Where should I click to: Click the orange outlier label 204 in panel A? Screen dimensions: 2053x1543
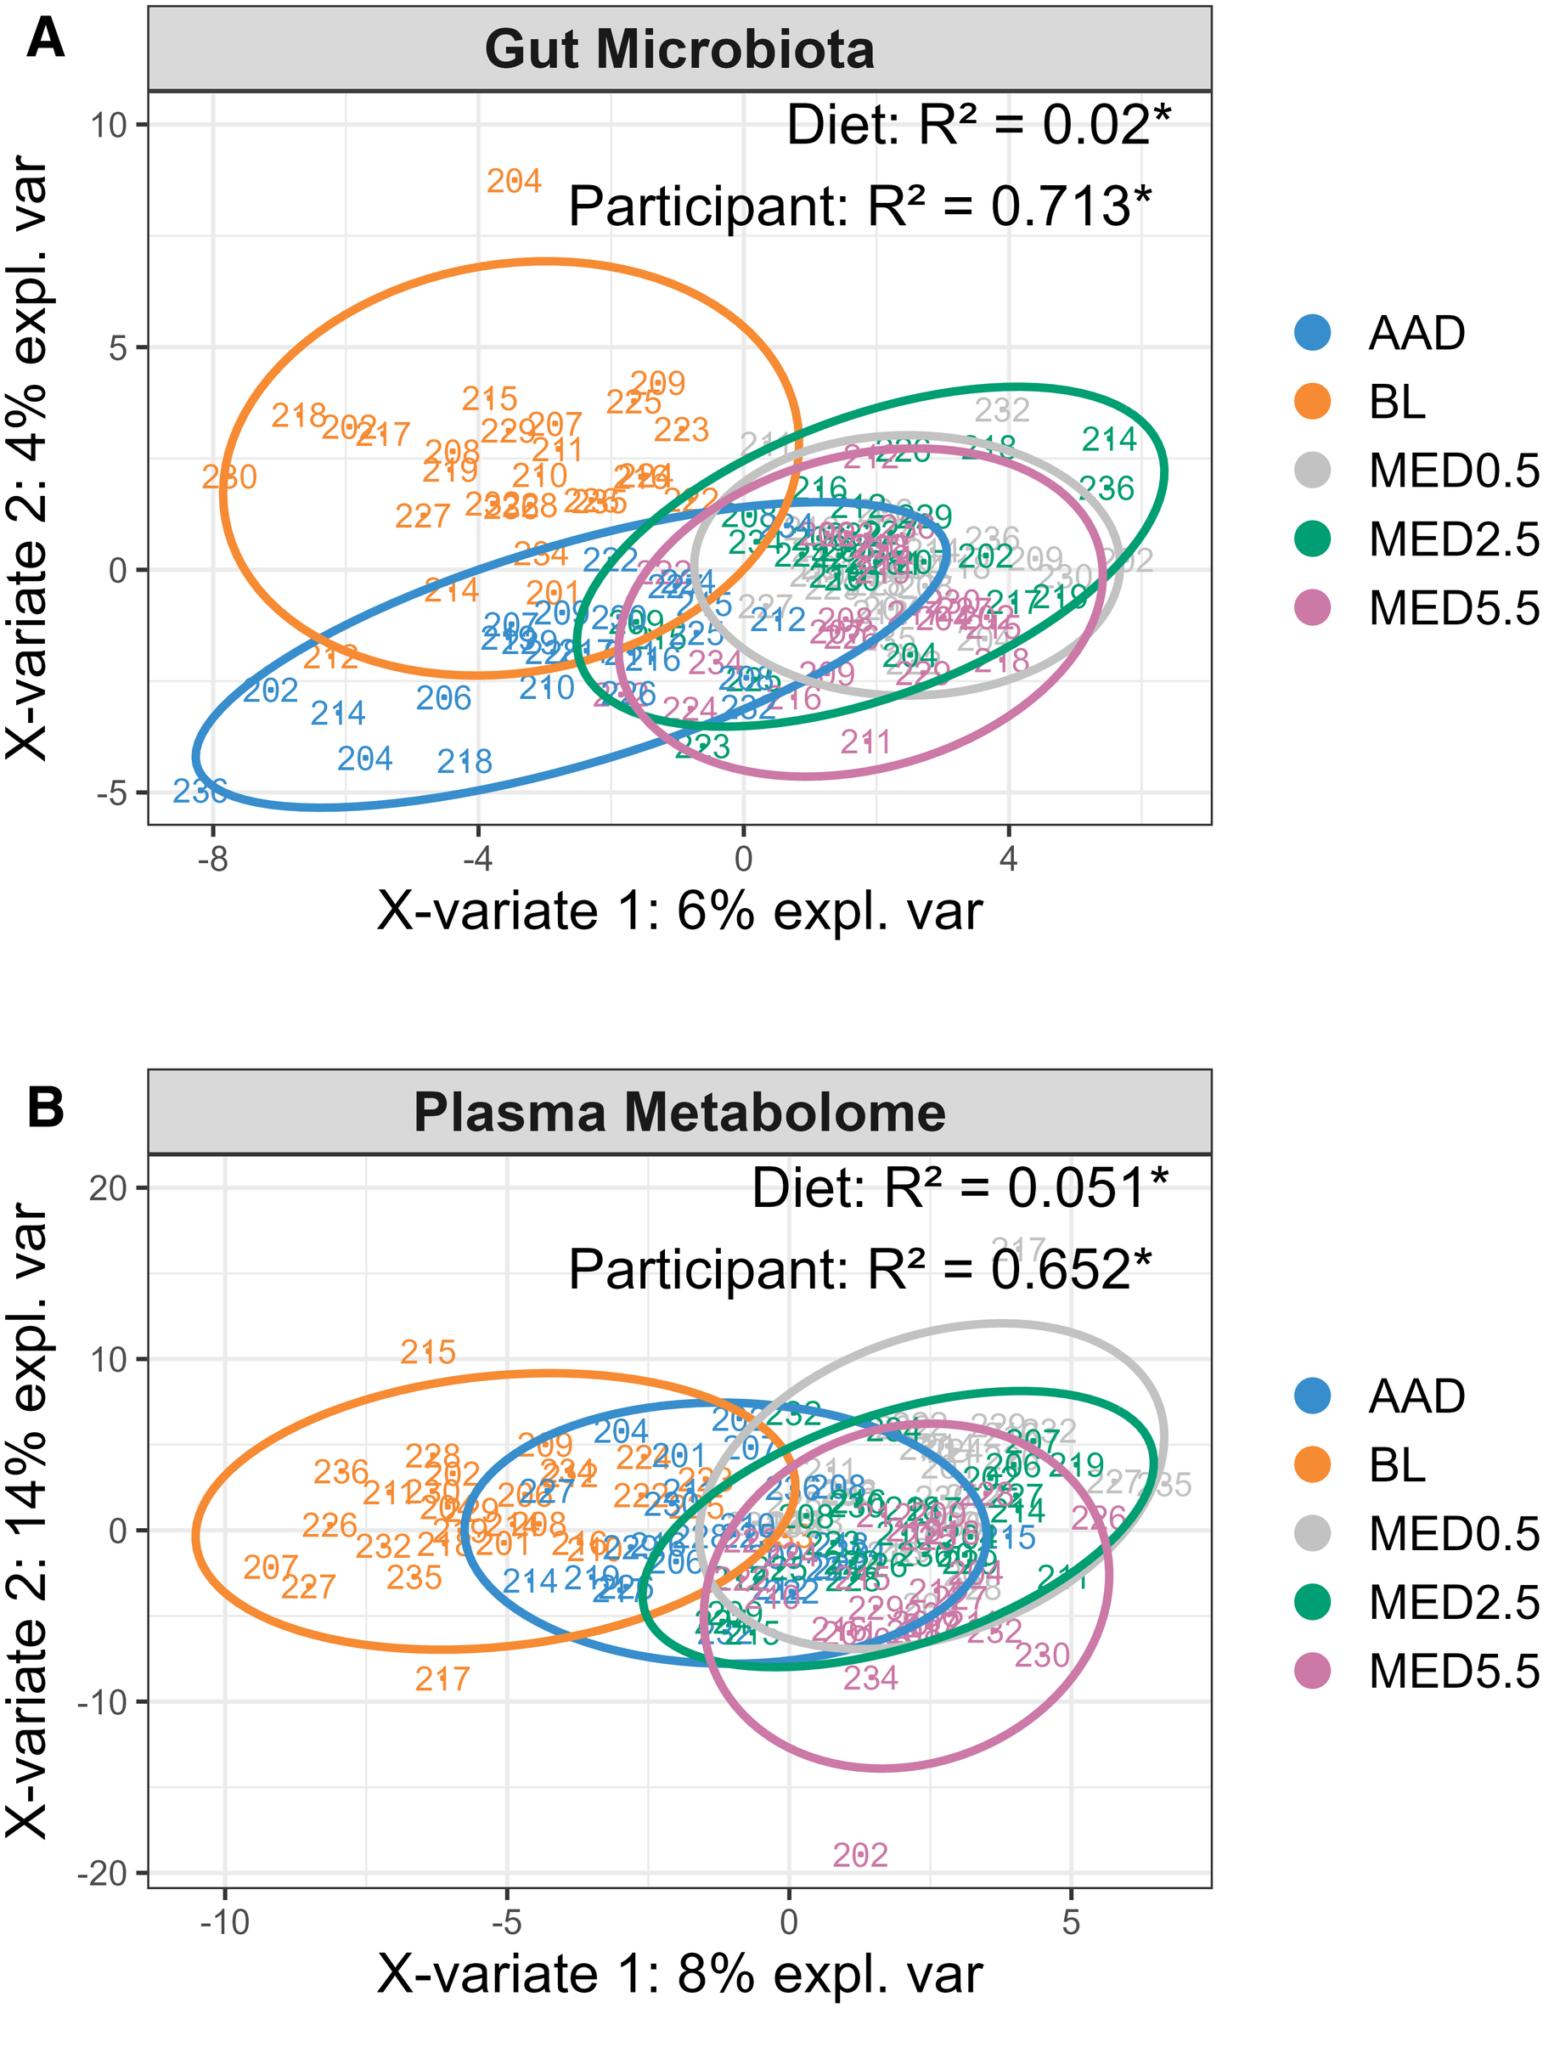pyautogui.click(x=513, y=181)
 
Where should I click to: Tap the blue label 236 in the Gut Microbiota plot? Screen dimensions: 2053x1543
pyautogui.click(x=200, y=792)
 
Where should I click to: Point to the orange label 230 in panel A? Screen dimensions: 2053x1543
pyautogui.click(x=229, y=477)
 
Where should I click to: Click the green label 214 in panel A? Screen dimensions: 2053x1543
pyautogui.click(x=1109, y=439)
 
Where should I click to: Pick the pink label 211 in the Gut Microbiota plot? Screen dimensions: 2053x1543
pyautogui.click(x=864, y=742)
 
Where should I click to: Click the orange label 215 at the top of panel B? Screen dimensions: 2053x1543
pyautogui.click(x=428, y=1352)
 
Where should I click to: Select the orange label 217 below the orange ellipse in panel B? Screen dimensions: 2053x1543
pyautogui.click(x=442, y=1678)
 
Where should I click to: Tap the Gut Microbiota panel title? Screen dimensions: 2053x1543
pyautogui.click(x=679, y=49)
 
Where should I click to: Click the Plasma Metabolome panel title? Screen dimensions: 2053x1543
pyautogui.click(x=679, y=1112)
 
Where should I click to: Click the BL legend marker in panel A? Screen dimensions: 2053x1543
pyautogui.click(x=1312, y=402)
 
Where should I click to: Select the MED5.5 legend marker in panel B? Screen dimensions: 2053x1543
pyautogui.click(x=1312, y=1671)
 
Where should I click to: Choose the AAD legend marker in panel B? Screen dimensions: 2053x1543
pyautogui.click(x=1312, y=1396)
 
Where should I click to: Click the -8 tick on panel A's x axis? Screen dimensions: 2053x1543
pyautogui.click(x=212, y=859)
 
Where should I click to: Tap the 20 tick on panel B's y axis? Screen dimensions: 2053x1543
pyautogui.click(x=111, y=1187)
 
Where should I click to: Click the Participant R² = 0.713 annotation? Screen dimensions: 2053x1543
pyautogui.click(x=859, y=206)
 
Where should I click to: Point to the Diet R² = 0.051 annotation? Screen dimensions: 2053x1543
pyautogui.click(x=960, y=1188)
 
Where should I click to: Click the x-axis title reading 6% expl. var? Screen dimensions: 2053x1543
pyautogui.click(x=679, y=912)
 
